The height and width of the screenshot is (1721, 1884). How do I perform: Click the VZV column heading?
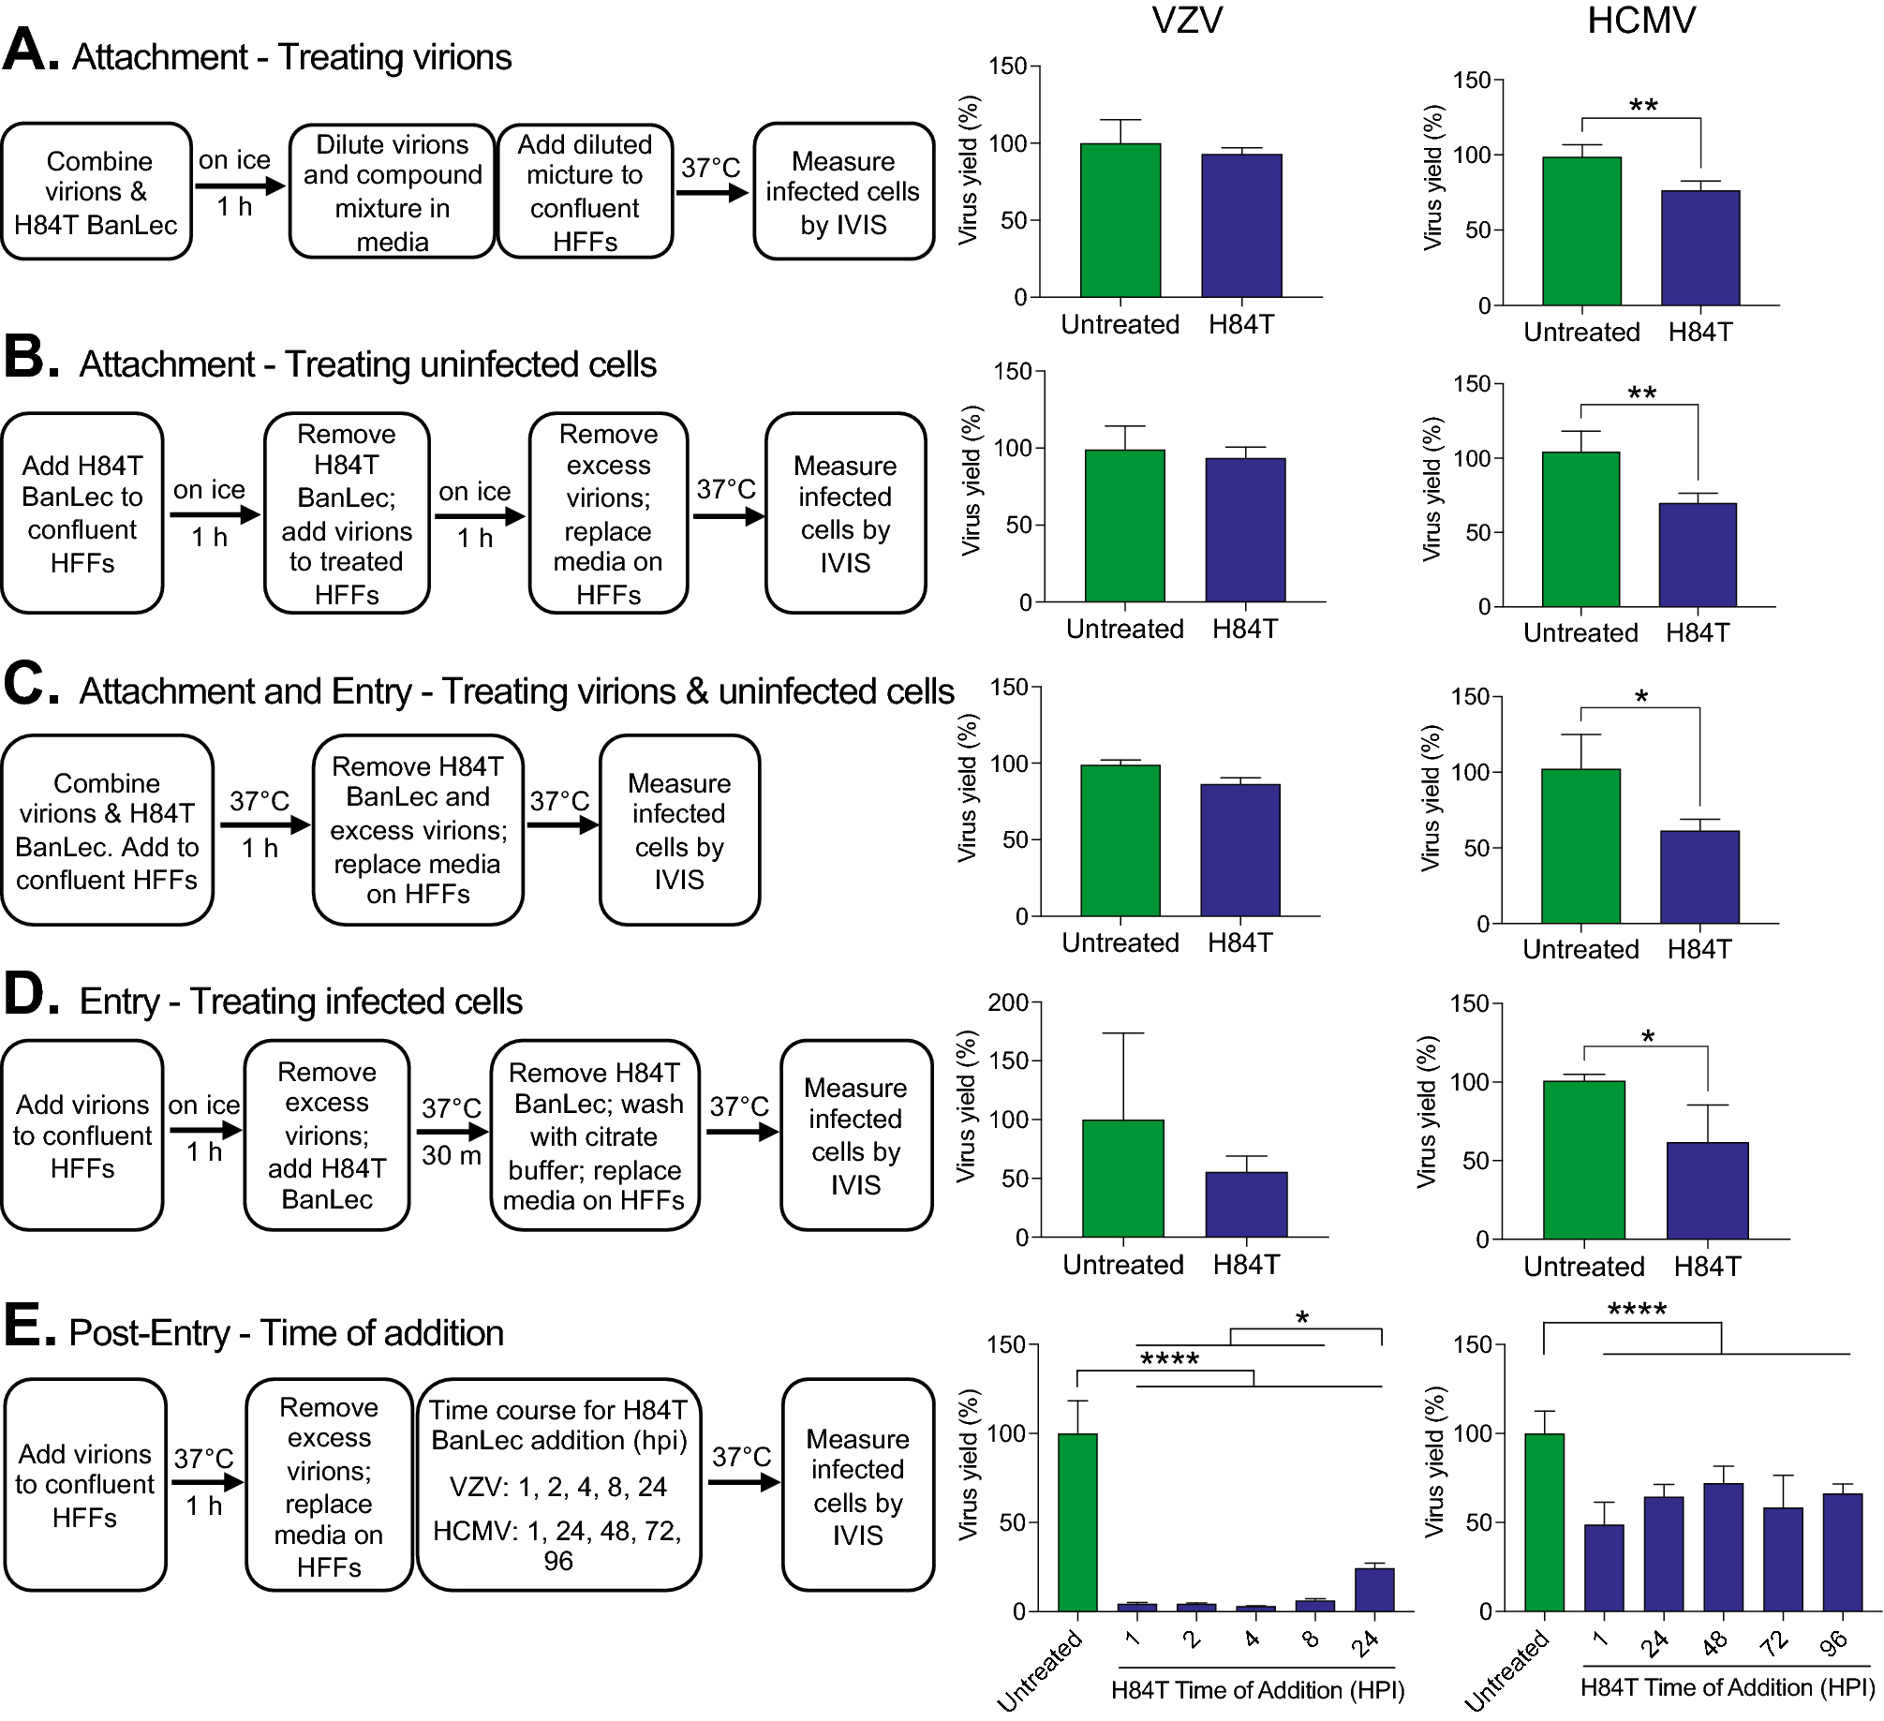(1187, 21)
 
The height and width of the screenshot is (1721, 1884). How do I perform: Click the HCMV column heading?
(1641, 21)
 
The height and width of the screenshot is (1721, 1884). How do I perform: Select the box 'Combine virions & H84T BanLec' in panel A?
(97, 192)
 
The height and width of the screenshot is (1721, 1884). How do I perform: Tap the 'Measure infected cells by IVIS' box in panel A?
(843, 192)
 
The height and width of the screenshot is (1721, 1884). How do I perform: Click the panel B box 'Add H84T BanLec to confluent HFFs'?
(82, 513)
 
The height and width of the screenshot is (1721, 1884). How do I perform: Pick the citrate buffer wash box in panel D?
(595, 1135)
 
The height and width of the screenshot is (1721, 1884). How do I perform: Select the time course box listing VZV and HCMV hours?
(558, 1485)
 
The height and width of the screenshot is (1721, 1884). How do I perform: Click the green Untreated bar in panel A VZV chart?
(1120, 220)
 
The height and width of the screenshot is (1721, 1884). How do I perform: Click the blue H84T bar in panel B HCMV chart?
(1698, 556)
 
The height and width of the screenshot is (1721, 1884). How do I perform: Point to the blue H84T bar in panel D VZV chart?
(1246, 1205)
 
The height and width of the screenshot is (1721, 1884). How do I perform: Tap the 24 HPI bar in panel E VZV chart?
(1374, 1590)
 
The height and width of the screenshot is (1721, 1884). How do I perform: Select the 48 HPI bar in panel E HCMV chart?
(1723, 1547)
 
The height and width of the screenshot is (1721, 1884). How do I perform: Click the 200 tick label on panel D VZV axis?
(1007, 1003)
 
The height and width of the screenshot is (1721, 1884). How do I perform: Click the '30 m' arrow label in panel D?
(451, 1155)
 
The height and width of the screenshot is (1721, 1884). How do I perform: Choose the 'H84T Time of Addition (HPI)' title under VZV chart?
(1257, 1690)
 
